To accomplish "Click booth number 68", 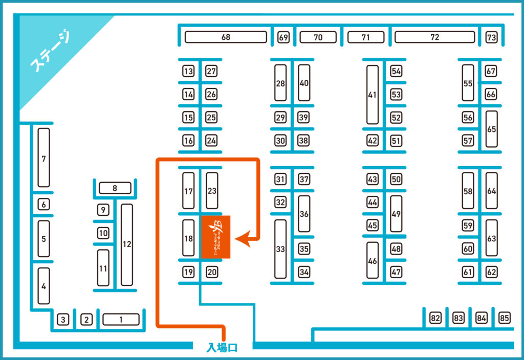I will tap(226, 37).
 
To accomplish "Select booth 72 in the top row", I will tap(434, 37).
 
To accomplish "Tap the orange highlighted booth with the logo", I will tap(215, 237).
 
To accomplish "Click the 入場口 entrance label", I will tap(222, 348).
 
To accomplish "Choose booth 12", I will tap(127, 244).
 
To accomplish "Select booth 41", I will tap(373, 95).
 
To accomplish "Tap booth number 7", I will tap(44, 158).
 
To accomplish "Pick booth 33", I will tap(280, 249).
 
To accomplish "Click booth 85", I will tap(505, 319).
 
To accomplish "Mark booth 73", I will tap(492, 37).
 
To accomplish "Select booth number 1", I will tap(121, 320).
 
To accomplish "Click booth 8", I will tap(115, 188).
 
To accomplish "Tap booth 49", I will tap(396, 214).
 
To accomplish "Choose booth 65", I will tap(492, 129).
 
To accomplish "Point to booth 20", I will tap(212, 273).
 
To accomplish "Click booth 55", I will tap(468, 83).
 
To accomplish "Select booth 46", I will tap(373, 260).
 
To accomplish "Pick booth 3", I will tap(62, 320).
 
